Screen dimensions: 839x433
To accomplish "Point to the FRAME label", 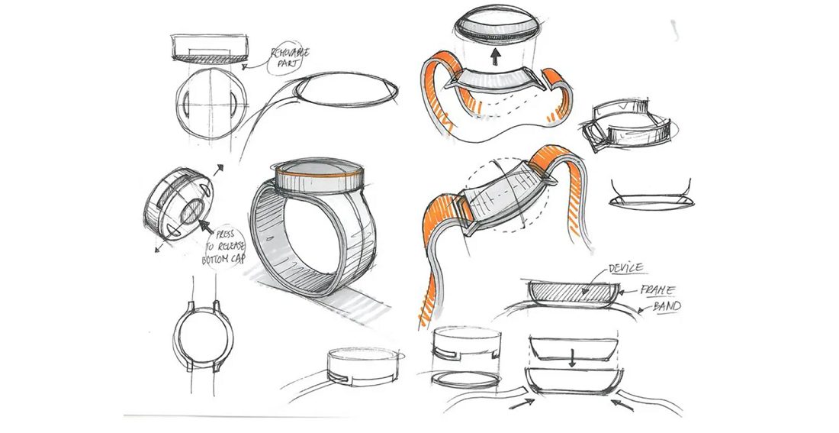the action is pyautogui.click(x=657, y=290).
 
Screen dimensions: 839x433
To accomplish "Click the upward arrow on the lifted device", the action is pyautogui.click(x=496, y=55).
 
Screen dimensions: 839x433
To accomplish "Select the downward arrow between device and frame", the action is pyautogui.click(x=571, y=358).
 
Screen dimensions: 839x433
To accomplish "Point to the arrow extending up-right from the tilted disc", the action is pyautogui.click(x=218, y=170).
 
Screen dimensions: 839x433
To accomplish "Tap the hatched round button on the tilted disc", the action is pyautogui.click(x=191, y=211).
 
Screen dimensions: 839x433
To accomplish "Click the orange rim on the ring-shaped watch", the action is pyautogui.click(x=320, y=175).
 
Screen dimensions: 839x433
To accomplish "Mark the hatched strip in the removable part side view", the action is pyautogui.click(x=209, y=56).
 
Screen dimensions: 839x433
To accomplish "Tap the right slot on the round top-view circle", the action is pyautogui.click(x=236, y=103).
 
